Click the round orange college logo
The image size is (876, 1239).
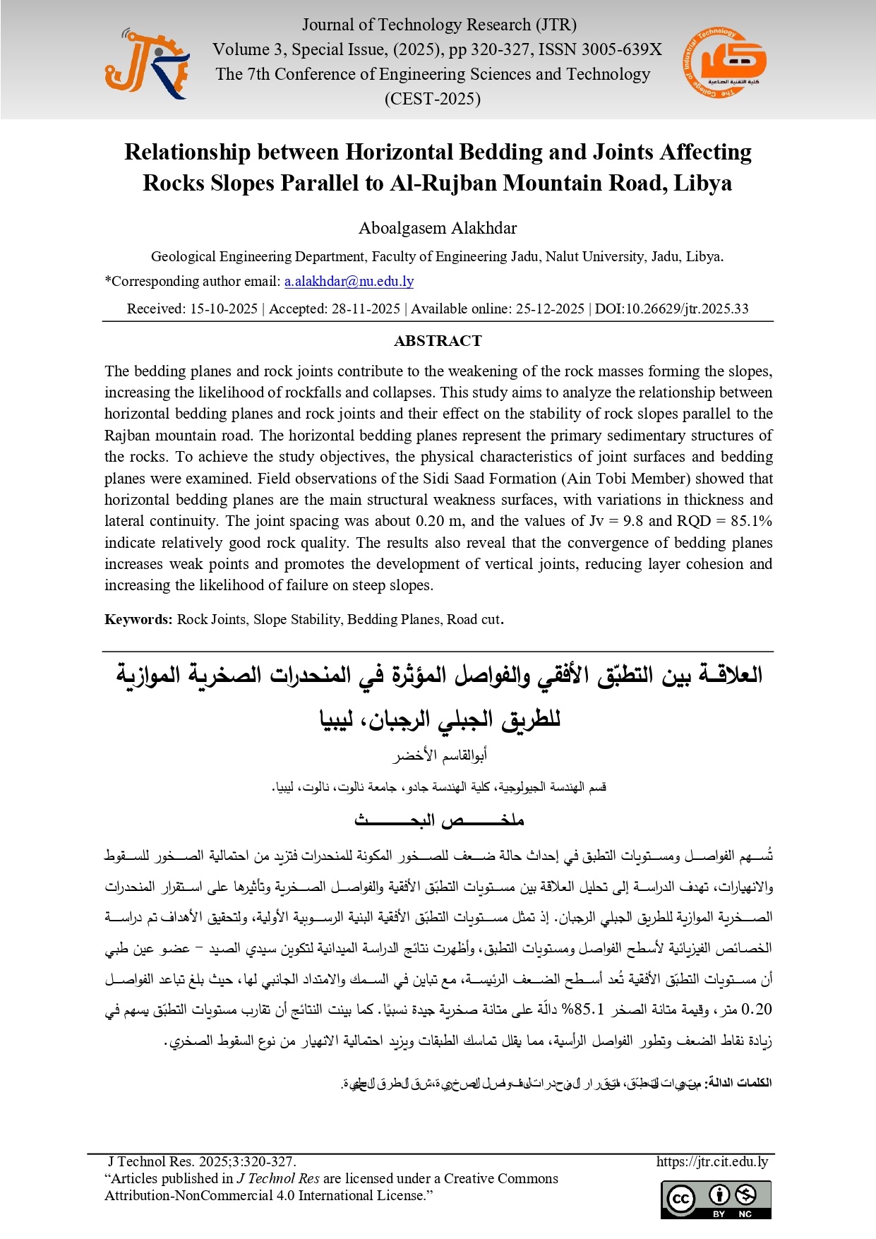pyautogui.click(x=724, y=64)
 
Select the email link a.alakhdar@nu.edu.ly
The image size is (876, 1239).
pyautogui.click(x=349, y=282)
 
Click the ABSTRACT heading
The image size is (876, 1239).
pyautogui.click(x=438, y=341)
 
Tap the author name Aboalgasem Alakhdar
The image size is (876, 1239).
pyautogui.click(x=438, y=229)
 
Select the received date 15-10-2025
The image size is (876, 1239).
pyautogui.click(x=224, y=309)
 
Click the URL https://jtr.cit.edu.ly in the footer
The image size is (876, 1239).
pyautogui.click(x=712, y=1162)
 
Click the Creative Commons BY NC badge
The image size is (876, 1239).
pyautogui.click(x=716, y=1199)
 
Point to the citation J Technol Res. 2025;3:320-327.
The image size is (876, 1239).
pyautogui.click(x=202, y=1162)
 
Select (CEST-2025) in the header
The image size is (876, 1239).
pyautogui.click(x=432, y=99)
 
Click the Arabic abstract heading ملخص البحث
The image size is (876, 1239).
pyautogui.click(x=438, y=820)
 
